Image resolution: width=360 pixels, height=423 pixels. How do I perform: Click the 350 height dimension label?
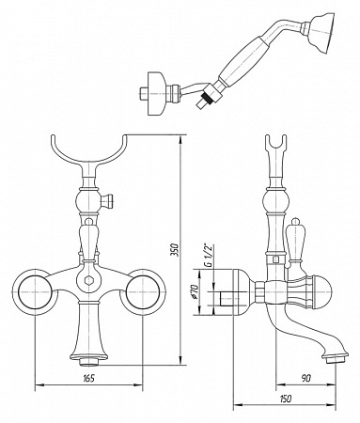pyautogui.click(x=177, y=249)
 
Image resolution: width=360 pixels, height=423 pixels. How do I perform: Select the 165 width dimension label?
pyautogui.click(x=88, y=378)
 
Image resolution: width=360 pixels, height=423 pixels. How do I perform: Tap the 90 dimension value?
pyautogui.click(x=306, y=378)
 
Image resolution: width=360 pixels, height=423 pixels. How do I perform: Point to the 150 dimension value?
pyautogui.click(x=285, y=399)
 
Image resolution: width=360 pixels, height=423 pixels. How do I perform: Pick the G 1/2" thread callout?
pyautogui.click(x=208, y=254)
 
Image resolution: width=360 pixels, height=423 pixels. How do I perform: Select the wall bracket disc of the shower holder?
pyautogui.click(x=157, y=94)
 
